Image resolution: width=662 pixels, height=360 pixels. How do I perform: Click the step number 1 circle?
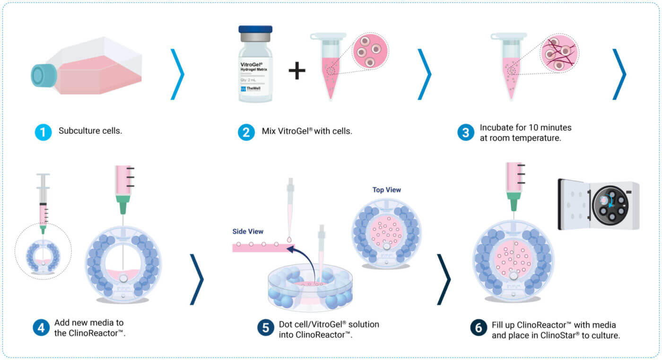pos(43,132)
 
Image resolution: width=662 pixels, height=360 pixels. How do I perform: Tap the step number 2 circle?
pos(246,132)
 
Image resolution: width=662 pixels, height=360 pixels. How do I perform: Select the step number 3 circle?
pos(465,132)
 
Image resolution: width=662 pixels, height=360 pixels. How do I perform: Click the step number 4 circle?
pos(41,327)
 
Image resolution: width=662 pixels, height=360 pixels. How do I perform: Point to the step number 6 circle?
pos(479,328)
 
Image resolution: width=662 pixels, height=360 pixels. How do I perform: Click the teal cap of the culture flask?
pos(42,75)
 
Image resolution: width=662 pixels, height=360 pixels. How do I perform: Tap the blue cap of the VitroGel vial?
pos(255,30)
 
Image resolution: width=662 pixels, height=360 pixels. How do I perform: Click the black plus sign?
pos(297,70)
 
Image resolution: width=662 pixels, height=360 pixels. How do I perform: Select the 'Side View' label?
pos(248,232)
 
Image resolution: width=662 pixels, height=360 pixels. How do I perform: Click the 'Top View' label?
pos(387,190)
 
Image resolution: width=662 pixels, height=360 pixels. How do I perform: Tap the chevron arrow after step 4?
pos(197,279)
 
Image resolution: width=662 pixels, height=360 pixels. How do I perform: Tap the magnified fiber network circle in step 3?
pos(559,53)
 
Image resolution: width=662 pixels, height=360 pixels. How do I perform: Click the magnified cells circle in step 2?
pos(370,50)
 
